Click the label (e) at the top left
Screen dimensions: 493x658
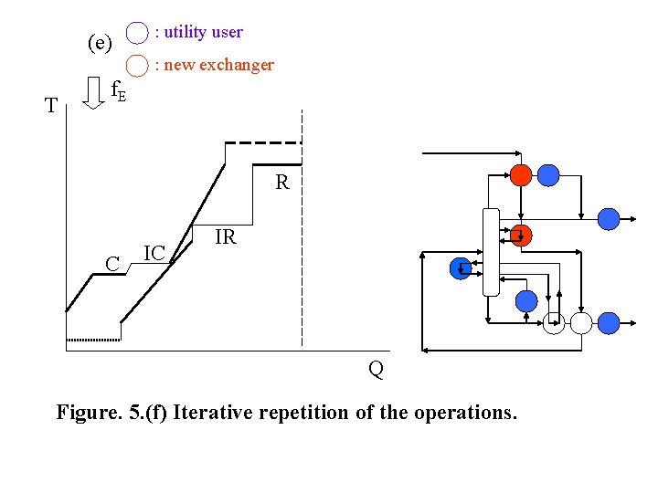click(x=100, y=43)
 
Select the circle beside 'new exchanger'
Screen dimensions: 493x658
click(x=137, y=66)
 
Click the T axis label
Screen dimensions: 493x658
click(x=52, y=106)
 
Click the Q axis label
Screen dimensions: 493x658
click(x=376, y=369)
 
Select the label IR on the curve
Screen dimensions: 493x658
click(x=225, y=238)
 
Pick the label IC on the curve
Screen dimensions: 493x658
click(x=154, y=253)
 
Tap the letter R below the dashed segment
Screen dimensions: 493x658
click(x=282, y=183)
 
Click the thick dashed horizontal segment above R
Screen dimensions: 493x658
click(x=263, y=143)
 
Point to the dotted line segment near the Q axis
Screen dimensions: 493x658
click(x=93, y=339)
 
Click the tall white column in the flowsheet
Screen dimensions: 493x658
click(x=491, y=252)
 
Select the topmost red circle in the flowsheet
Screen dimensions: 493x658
click(x=521, y=174)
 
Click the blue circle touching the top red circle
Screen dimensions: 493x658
click(x=547, y=174)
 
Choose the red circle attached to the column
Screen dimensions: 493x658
click(x=521, y=236)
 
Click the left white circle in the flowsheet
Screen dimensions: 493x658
click(x=554, y=322)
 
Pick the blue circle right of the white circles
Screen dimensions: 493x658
click(x=608, y=321)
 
